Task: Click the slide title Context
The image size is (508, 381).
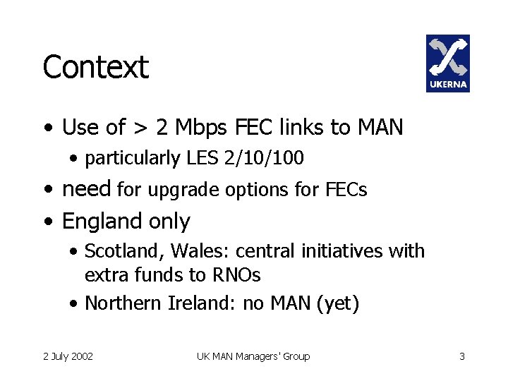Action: click(95, 68)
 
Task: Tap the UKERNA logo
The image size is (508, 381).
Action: click(447, 64)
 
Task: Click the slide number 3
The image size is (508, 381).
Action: click(462, 356)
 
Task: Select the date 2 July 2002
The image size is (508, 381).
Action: click(68, 356)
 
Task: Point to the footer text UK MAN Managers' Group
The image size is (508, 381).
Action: click(253, 356)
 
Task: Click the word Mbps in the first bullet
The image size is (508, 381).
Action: click(204, 128)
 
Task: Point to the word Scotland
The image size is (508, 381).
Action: click(117, 251)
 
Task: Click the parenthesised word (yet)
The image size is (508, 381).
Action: click(338, 304)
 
